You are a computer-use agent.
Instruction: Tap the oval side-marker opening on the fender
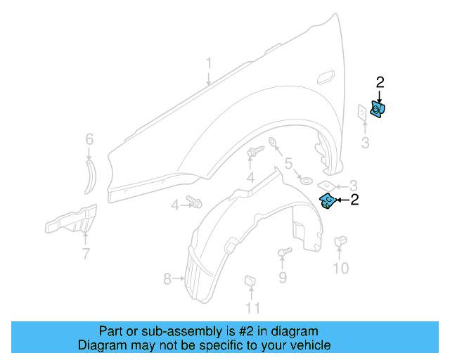coord(328,77)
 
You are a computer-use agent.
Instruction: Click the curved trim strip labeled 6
coord(89,176)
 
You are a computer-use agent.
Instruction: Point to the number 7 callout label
coord(85,254)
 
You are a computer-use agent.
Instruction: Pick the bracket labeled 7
coord(71,221)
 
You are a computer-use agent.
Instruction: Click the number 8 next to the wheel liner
coord(167,279)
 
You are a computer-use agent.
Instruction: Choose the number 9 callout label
coord(282,278)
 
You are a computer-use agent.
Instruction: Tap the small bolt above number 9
coord(284,252)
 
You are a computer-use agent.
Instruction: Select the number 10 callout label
coord(340,268)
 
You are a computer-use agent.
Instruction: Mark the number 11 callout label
coord(252,307)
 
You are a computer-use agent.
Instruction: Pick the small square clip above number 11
coord(249,282)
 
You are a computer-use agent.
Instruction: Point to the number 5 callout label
coord(288,165)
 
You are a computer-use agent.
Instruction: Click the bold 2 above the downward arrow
coord(380,82)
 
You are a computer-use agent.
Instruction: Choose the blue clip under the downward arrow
coord(378,110)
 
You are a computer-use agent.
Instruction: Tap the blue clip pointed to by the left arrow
coord(327,201)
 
